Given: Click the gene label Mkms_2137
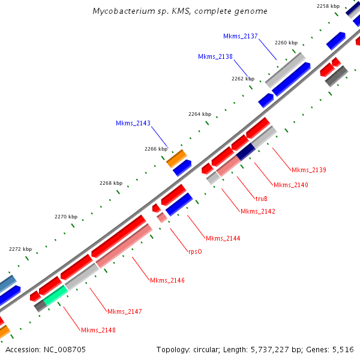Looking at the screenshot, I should [240, 36].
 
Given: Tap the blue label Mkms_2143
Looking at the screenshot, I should [133, 123].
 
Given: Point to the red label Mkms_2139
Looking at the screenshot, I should [308, 170].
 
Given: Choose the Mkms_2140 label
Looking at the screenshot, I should [290, 185].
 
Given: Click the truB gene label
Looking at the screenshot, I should [262, 198].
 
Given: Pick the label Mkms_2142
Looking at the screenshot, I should [258, 211].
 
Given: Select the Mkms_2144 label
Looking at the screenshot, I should [223, 238].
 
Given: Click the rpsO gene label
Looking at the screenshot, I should [195, 251].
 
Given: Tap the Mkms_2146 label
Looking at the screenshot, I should [167, 280].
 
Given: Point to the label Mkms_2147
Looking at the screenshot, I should [125, 311].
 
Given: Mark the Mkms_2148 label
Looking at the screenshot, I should [98, 330].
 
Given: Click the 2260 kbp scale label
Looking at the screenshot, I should [286, 43].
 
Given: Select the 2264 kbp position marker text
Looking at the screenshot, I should [200, 113].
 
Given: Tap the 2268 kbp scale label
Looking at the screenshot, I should [111, 183].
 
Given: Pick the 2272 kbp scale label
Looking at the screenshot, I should [21, 248].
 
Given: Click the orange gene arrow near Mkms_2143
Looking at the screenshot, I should [176, 158].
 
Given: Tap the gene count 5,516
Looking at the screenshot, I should [343, 349].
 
